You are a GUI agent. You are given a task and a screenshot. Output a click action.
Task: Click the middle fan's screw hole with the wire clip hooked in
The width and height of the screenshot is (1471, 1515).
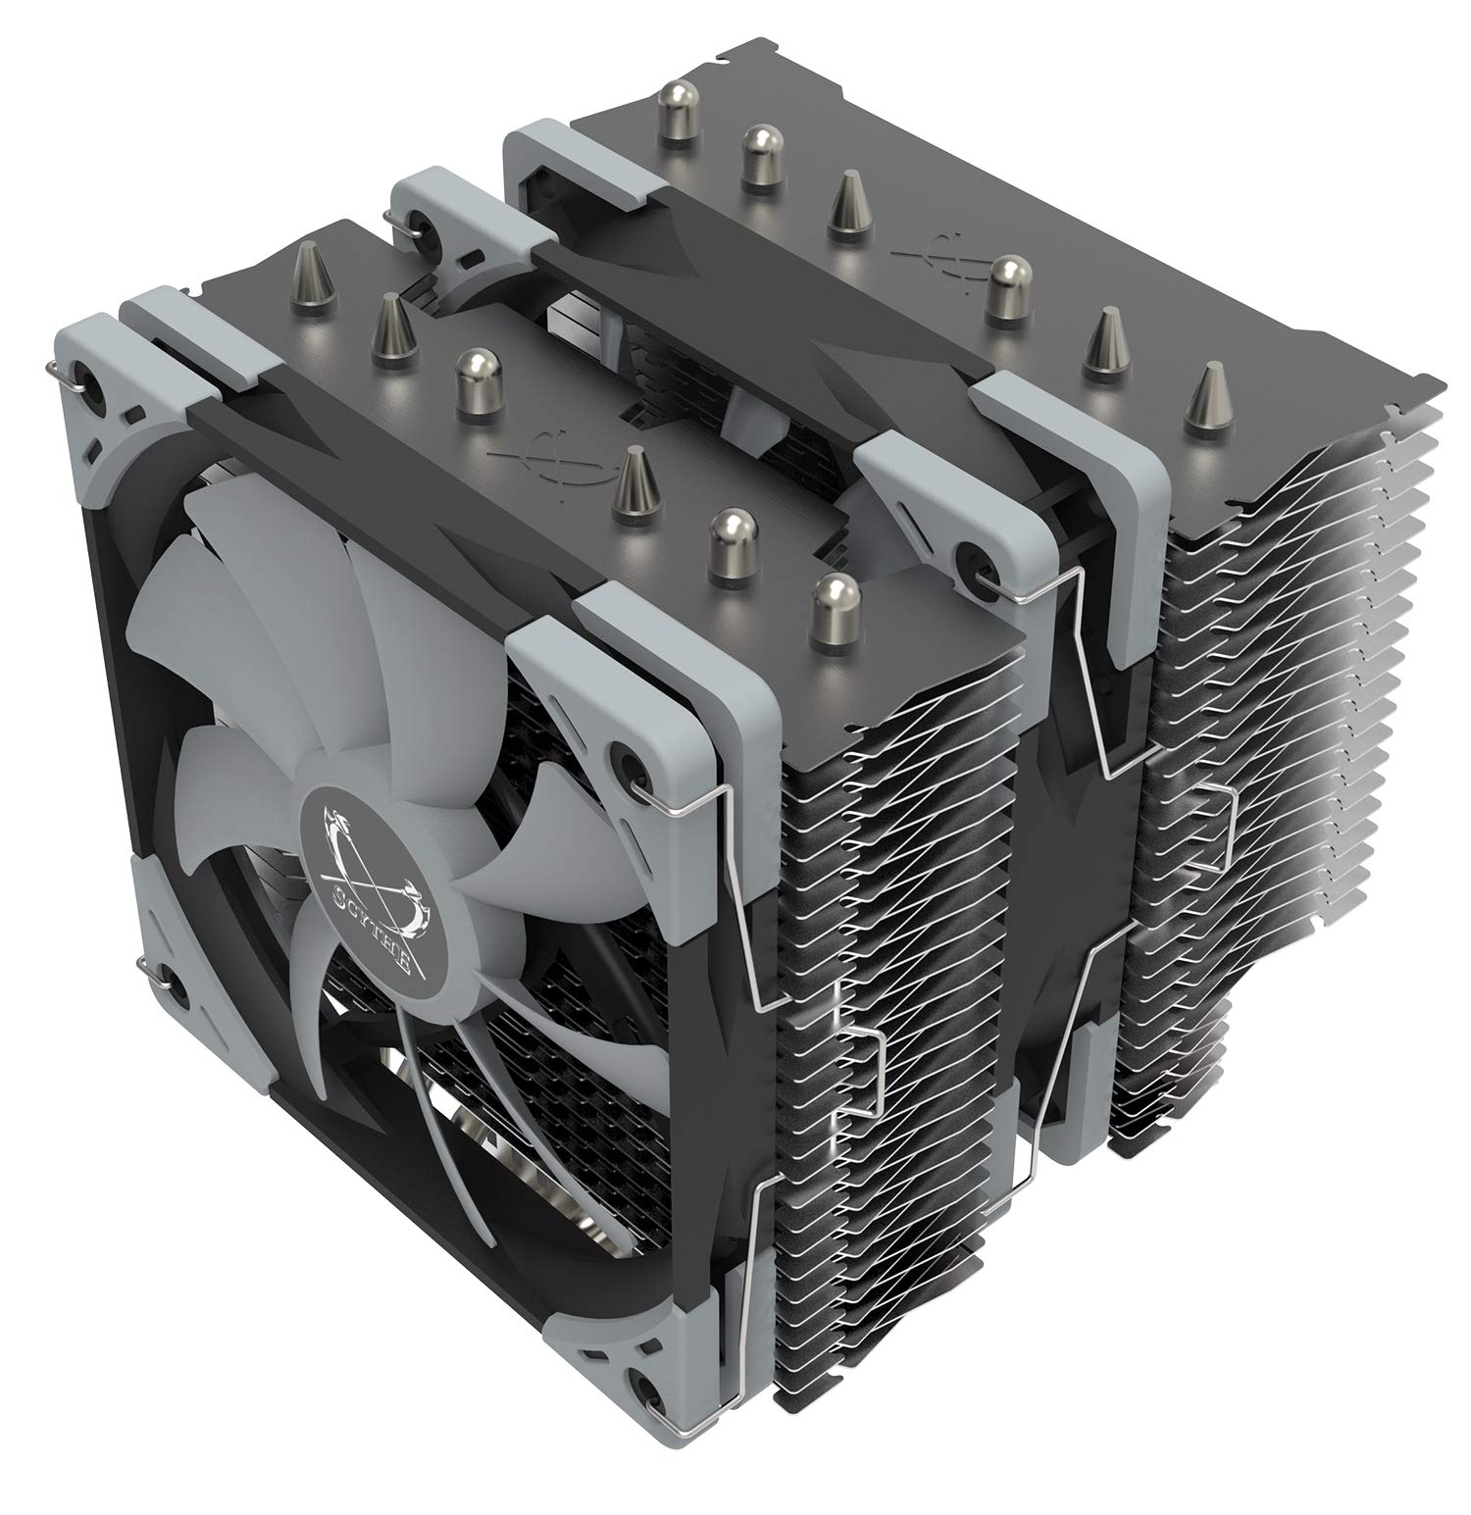pyautogui.click(x=976, y=556)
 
